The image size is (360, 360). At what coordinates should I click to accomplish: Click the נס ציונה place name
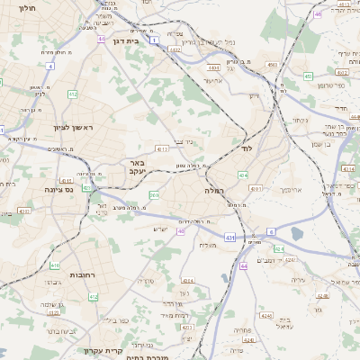point(56,190)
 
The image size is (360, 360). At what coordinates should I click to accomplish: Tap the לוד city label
point(248,147)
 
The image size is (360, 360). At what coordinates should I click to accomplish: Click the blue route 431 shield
point(230,238)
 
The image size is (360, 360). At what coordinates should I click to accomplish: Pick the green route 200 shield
point(154,193)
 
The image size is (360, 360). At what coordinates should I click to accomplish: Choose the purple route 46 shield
point(318,14)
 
